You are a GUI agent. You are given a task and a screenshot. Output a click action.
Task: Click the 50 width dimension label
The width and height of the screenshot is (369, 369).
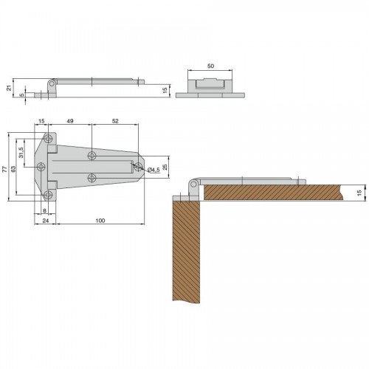click(x=210, y=66)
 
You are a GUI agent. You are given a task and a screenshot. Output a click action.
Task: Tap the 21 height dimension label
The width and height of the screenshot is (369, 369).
click(x=9, y=88)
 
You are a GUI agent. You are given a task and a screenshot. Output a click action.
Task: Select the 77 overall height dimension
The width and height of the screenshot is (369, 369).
click(x=4, y=169)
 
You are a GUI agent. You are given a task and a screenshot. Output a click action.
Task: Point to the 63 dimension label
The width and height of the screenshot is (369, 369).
click(x=13, y=169)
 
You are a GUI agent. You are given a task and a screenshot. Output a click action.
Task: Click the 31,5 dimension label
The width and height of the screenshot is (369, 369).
click(x=21, y=153)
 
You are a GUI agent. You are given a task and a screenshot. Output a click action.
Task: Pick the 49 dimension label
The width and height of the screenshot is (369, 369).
click(x=70, y=121)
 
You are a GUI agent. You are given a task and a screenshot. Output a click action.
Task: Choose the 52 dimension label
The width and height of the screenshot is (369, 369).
click(x=115, y=121)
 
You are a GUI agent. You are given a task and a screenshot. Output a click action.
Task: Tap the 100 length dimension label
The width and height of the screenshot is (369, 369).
click(x=100, y=221)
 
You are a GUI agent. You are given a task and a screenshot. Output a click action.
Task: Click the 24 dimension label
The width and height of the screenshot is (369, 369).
click(x=46, y=221)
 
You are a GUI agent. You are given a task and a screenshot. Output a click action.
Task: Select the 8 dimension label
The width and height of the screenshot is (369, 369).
click(x=44, y=210)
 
